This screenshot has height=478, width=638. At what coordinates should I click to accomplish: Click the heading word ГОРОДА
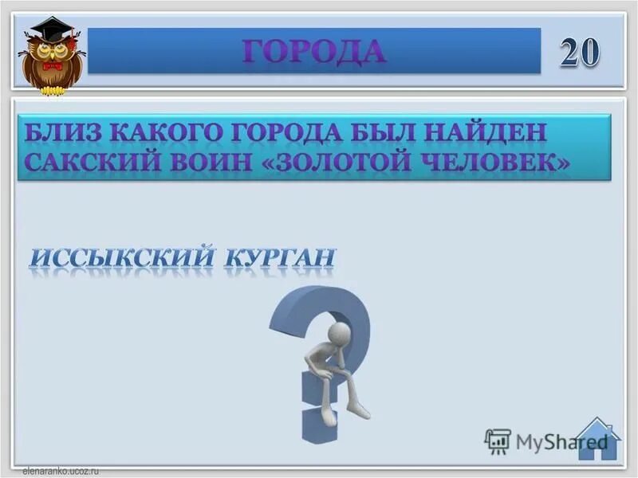coord(314,51)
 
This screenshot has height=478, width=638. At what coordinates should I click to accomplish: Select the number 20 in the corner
coord(580,53)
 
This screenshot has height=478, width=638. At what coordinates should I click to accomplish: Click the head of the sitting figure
coord(339,332)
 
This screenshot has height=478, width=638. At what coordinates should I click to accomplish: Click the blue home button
coord(598,440)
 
